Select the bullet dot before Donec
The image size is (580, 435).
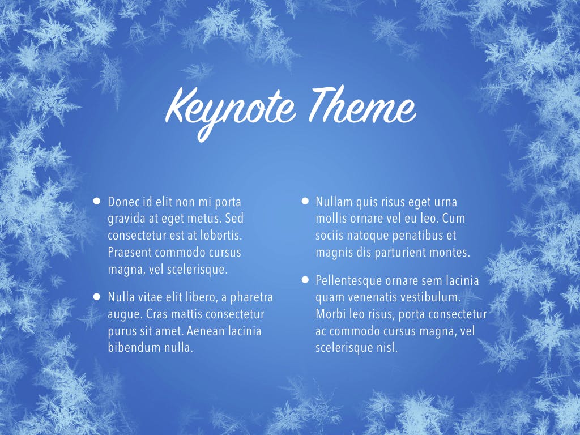coord(97,201)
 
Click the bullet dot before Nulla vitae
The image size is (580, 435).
coord(97,296)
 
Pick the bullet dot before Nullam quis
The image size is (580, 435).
coord(305,201)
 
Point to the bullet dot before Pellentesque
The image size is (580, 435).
coord(305,279)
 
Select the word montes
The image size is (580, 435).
coord(451,253)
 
